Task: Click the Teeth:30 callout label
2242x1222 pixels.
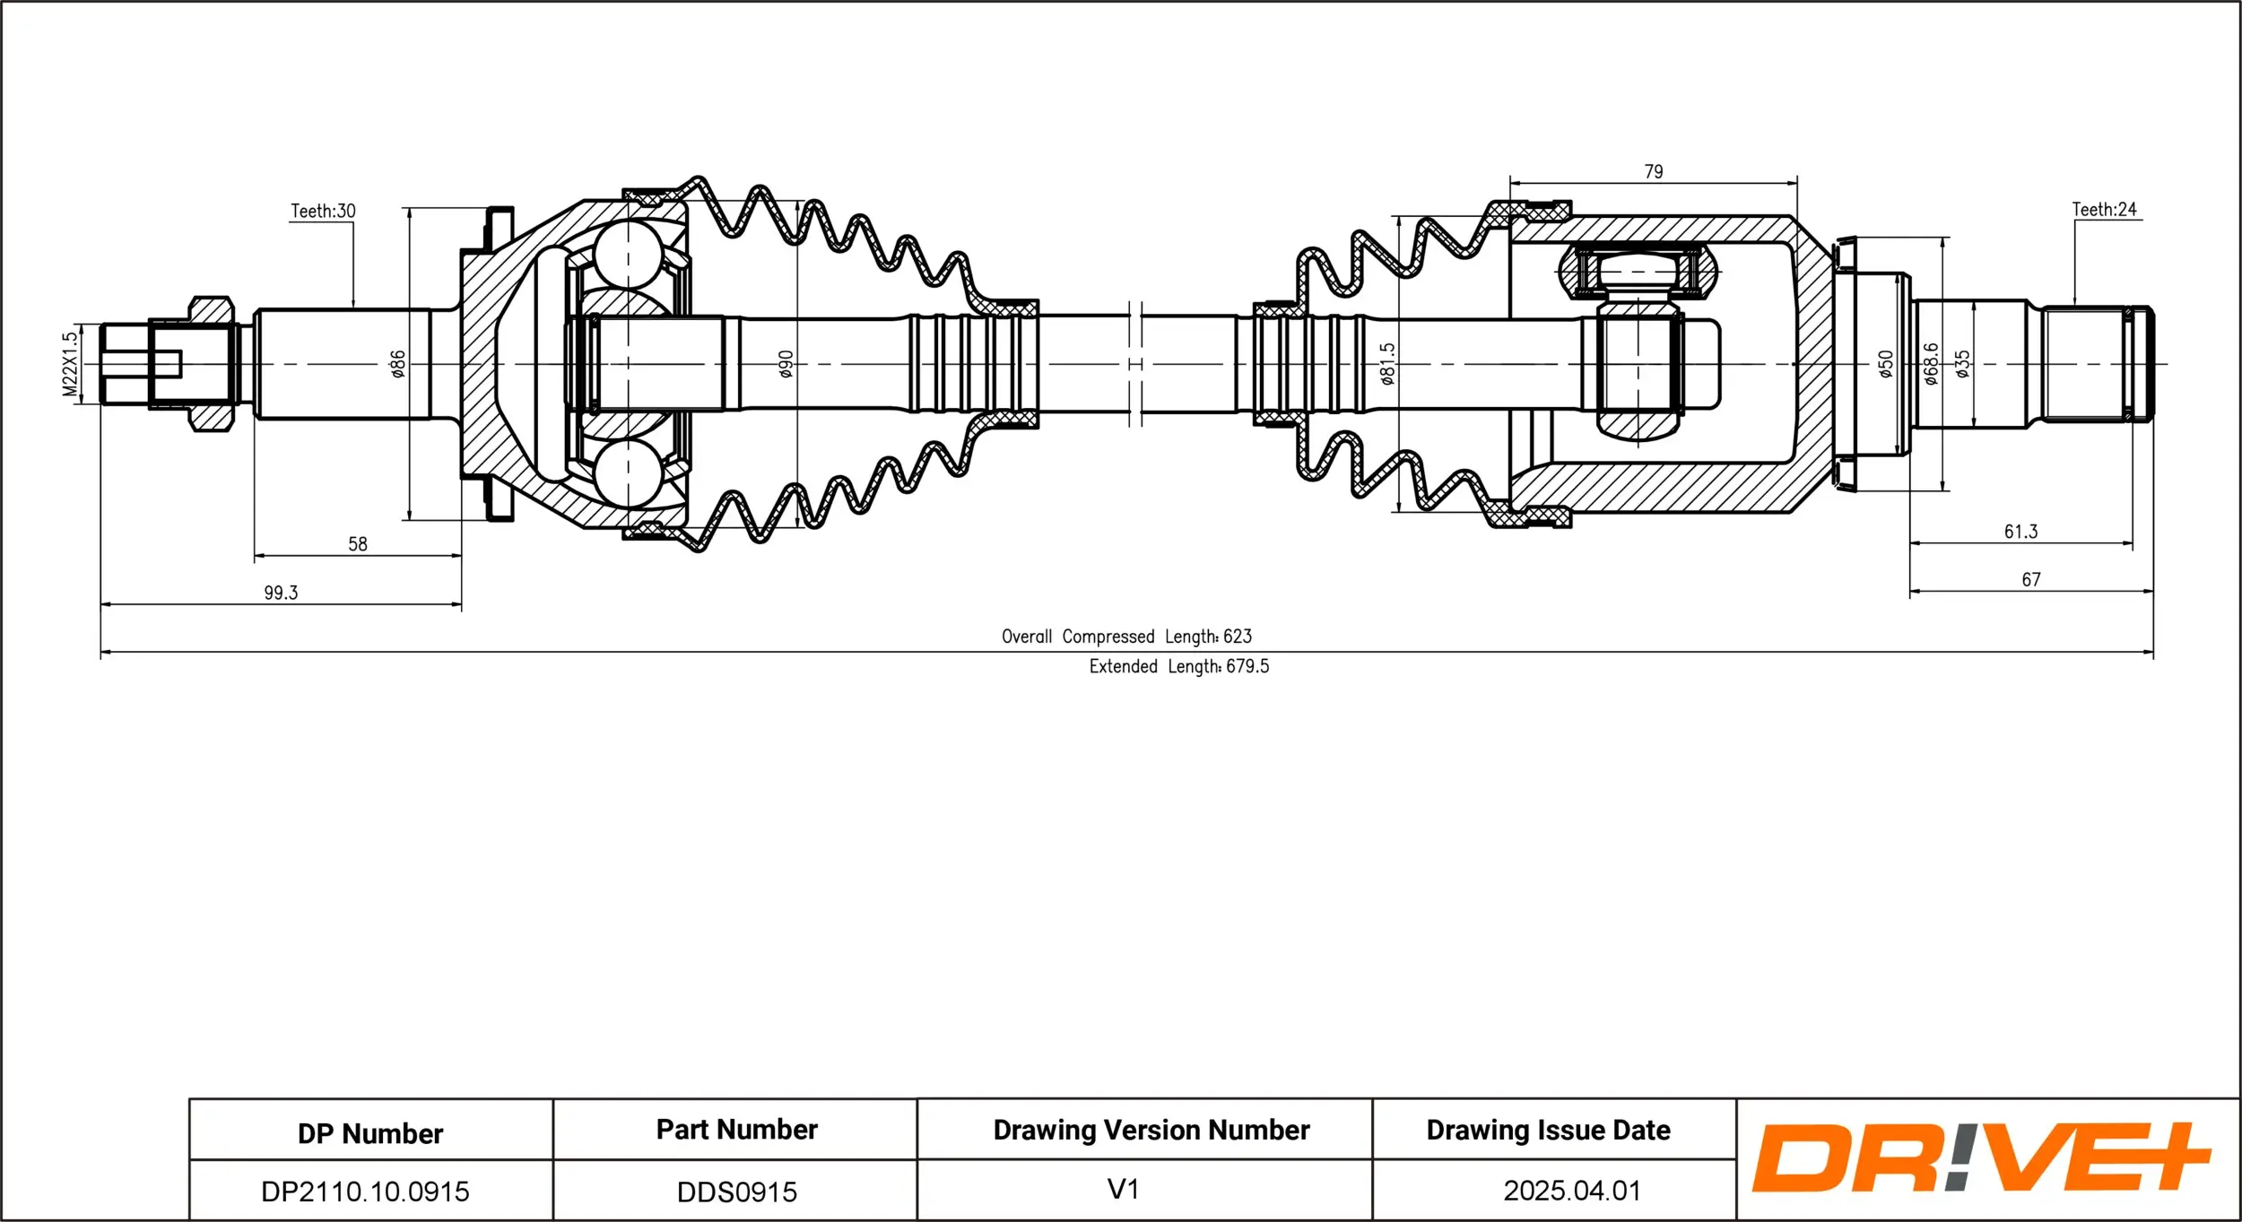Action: coord(323,212)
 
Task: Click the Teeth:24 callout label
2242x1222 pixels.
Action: coord(2104,210)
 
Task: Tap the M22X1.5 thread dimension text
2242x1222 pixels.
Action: coord(70,364)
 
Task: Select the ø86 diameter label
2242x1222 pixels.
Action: coord(398,364)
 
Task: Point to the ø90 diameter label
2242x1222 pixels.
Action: coord(786,364)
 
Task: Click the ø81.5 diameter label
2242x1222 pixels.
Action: coord(1387,364)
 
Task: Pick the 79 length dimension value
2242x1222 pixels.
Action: coord(1653,171)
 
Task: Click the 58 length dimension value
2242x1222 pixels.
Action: coord(357,544)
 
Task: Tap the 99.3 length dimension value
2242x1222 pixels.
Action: coord(281,593)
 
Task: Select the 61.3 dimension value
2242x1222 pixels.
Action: coord(2020,532)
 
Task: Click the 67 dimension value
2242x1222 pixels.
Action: coord(2030,580)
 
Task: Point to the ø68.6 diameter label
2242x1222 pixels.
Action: coord(1930,364)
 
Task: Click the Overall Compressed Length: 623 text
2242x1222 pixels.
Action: coord(1126,637)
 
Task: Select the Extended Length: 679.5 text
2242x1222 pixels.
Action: coord(1178,666)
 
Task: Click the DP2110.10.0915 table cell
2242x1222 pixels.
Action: coord(365,1192)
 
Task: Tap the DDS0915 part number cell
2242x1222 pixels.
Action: coord(736,1192)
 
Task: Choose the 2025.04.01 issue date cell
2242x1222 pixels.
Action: coord(1571,1191)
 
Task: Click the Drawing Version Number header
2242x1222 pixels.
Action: coord(1151,1130)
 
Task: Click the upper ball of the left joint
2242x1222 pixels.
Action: coord(629,254)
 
